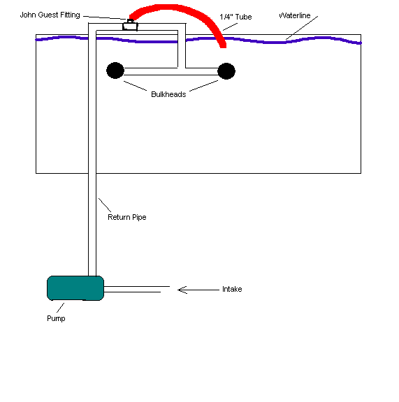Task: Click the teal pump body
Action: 75,288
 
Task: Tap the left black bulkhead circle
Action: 115,70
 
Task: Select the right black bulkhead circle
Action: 226,71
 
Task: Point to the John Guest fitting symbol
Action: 130,25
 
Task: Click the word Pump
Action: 56,319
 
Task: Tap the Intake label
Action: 232,289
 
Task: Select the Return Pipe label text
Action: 127,218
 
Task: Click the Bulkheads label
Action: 168,94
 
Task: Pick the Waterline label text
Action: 295,15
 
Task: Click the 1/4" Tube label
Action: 235,17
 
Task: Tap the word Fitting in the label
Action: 70,15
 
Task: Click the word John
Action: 28,15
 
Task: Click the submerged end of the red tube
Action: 223,46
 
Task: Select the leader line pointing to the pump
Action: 60,308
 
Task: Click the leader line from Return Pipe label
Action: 105,205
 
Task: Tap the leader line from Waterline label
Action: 302,28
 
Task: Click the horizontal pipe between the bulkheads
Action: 171,71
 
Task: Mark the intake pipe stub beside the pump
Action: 136,289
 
